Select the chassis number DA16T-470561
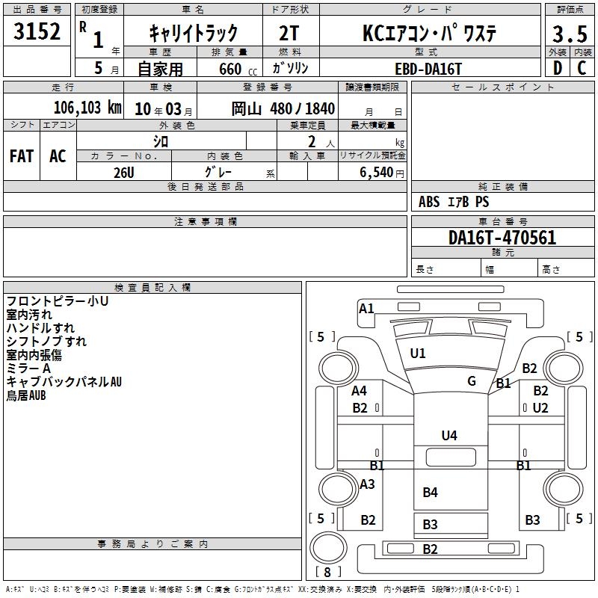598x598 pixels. coord(502,238)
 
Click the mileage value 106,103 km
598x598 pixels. coord(87,108)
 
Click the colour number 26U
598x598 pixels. coord(124,172)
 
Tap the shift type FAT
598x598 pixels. coord(22,156)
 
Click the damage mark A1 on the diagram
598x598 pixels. coord(366,308)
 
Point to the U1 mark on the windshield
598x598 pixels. coord(418,353)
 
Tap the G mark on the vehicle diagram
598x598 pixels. coord(472,381)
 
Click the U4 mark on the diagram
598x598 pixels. coord(449,435)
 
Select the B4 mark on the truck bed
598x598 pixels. coord(430,492)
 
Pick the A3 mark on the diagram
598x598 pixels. coord(367,484)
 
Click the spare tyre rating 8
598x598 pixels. coord(327,573)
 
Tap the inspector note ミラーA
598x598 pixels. coord(28,369)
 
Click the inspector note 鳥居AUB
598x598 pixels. coord(26,395)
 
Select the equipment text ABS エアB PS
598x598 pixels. coord(454,202)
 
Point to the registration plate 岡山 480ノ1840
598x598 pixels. coord(283,108)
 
